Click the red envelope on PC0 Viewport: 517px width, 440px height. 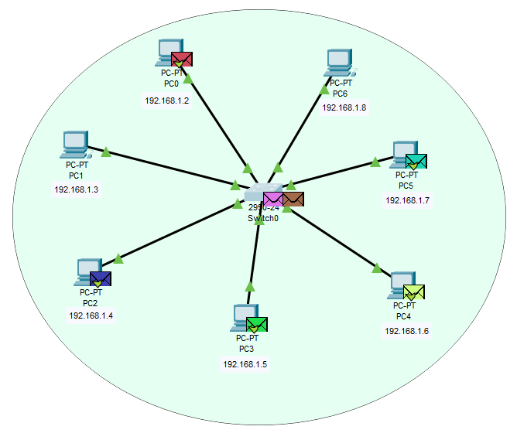click(x=182, y=59)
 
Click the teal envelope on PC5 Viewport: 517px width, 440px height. click(x=416, y=161)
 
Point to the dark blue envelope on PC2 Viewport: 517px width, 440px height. click(x=101, y=278)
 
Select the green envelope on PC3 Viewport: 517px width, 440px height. click(x=257, y=324)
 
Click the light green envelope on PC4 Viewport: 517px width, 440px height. click(x=414, y=292)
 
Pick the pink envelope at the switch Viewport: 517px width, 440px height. click(x=273, y=200)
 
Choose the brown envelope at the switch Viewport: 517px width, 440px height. click(x=293, y=200)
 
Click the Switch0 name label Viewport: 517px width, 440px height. click(x=262, y=218)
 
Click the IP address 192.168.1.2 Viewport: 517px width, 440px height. click(x=166, y=101)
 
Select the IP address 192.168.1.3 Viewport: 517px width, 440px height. click(x=76, y=189)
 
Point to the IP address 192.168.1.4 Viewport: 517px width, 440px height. click(x=91, y=315)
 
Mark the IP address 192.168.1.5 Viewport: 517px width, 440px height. click(x=245, y=363)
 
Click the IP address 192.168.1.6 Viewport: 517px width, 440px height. click(x=406, y=331)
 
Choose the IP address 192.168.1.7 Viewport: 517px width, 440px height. click(x=407, y=200)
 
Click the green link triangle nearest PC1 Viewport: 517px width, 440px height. click(x=106, y=152)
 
